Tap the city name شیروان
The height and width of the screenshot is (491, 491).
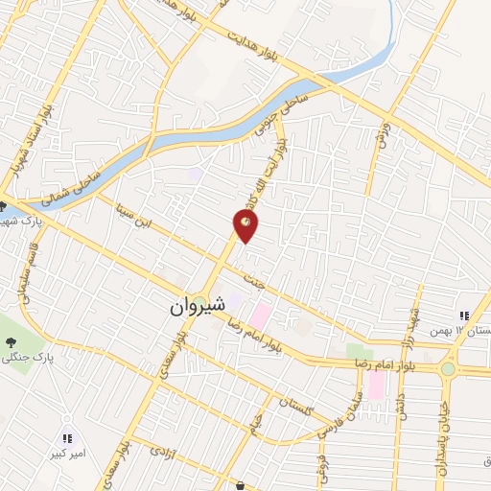[x=198, y=306]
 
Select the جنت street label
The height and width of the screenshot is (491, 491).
[x=254, y=285]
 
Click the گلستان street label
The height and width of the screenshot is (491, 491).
[x=296, y=404]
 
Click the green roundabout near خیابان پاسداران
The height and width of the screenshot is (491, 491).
[x=448, y=369]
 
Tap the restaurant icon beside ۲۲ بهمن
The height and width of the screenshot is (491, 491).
[x=464, y=316]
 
